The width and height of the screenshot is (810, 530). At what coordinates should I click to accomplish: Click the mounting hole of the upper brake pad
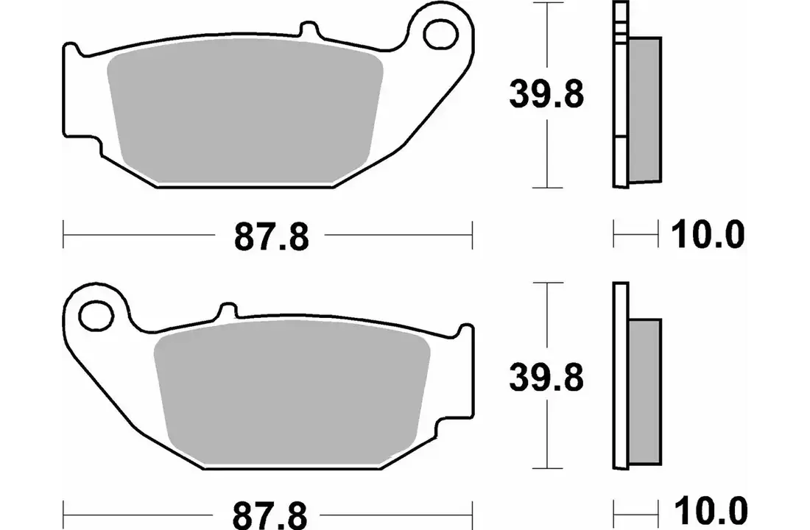point(440,34)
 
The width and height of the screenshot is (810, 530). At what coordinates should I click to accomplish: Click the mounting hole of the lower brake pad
point(96,314)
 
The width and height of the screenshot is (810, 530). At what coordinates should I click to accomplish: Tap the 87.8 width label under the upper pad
point(272,236)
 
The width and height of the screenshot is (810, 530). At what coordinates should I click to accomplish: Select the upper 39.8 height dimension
point(546,94)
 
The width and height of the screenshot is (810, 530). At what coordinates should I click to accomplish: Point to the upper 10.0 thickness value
point(708,235)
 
